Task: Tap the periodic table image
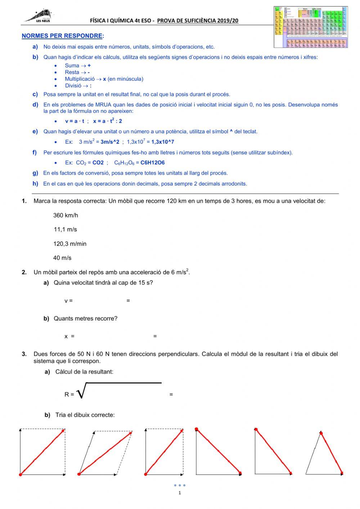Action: tap(311, 27)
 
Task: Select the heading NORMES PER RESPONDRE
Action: tap(62, 36)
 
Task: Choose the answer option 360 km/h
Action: tap(66, 215)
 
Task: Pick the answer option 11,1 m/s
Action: tap(65, 229)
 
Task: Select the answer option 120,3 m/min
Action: tap(70, 244)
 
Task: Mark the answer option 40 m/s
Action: tap(62, 258)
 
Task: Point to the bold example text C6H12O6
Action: tap(152, 162)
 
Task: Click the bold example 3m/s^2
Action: tap(110, 142)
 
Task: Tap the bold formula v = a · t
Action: tap(75, 121)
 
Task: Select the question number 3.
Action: tap(24, 354)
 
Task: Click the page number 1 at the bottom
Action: tap(180, 493)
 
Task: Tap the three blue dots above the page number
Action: tap(180, 485)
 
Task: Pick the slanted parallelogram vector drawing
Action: tap(105, 452)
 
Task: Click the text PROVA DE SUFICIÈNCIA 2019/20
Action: tap(198, 21)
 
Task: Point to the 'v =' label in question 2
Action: tap(68, 301)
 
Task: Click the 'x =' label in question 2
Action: tap(69, 336)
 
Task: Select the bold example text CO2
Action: tap(98, 162)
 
